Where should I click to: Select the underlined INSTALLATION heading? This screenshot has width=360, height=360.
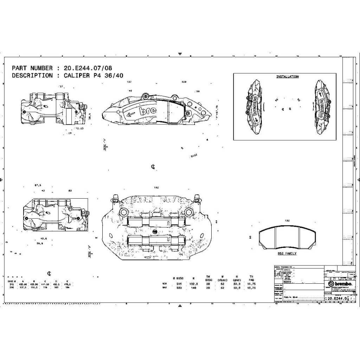tap(287, 77)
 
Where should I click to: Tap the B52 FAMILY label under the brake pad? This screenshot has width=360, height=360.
tap(287, 253)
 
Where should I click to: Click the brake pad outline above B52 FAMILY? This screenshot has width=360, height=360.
tap(287, 238)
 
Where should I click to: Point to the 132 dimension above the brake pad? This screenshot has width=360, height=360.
tap(287, 221)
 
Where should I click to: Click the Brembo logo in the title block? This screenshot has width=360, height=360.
tap(338, 284)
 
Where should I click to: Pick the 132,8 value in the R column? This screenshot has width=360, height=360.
tap(194, 283)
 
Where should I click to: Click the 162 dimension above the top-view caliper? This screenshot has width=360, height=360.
tap(156, 188)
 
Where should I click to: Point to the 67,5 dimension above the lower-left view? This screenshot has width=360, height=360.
tap(38, 185)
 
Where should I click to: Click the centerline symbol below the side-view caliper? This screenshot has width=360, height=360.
tap(153, 167)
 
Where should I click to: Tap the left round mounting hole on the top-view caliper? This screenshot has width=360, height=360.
tap(123, 212)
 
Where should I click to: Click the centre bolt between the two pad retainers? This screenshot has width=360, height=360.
tap(156, 231)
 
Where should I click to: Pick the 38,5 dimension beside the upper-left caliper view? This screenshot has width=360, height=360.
tap(90, 115)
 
